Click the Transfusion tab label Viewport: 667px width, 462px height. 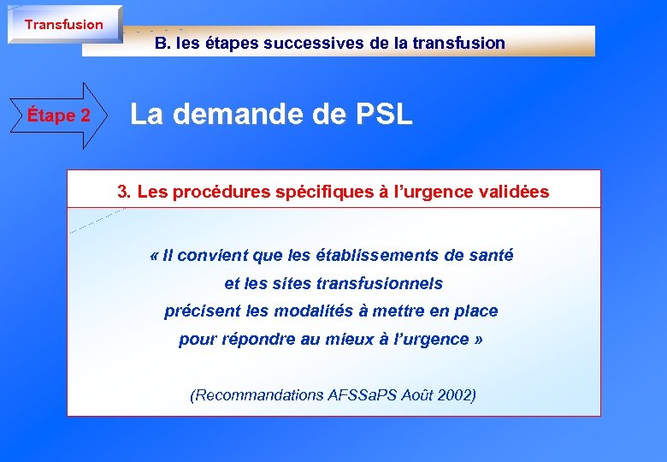[x=63, y=24]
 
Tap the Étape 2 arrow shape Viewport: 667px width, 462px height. [x=59, y=115]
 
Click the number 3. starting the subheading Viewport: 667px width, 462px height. [x=123, y=192]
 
